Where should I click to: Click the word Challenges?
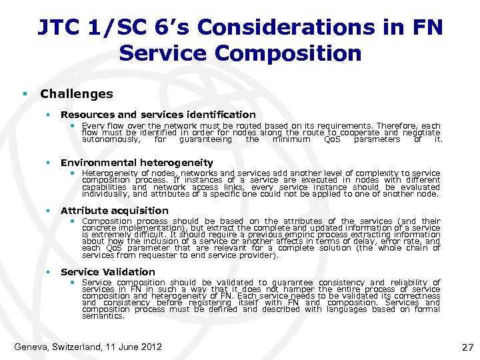pyautogui.click(x=77, y=94)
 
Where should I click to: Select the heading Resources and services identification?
pyautogui.click(x=158, y=115)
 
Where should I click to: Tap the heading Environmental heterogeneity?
pyautogui.click(x=137, y=163)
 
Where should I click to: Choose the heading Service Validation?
pyautogui.click(x=107, y=272)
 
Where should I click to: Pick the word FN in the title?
pyautogui.click(x=427, y=27)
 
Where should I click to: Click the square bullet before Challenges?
pyautogui.click(x=24, y=94)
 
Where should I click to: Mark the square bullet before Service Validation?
pyautogui.click(x=48, y=272)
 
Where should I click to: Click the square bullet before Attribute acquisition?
pyautogui.click(x=48, y=211)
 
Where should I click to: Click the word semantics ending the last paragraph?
pyautogui.click(x=103, y=316)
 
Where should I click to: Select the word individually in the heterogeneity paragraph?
pyautogui.click(x=105, y=194)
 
